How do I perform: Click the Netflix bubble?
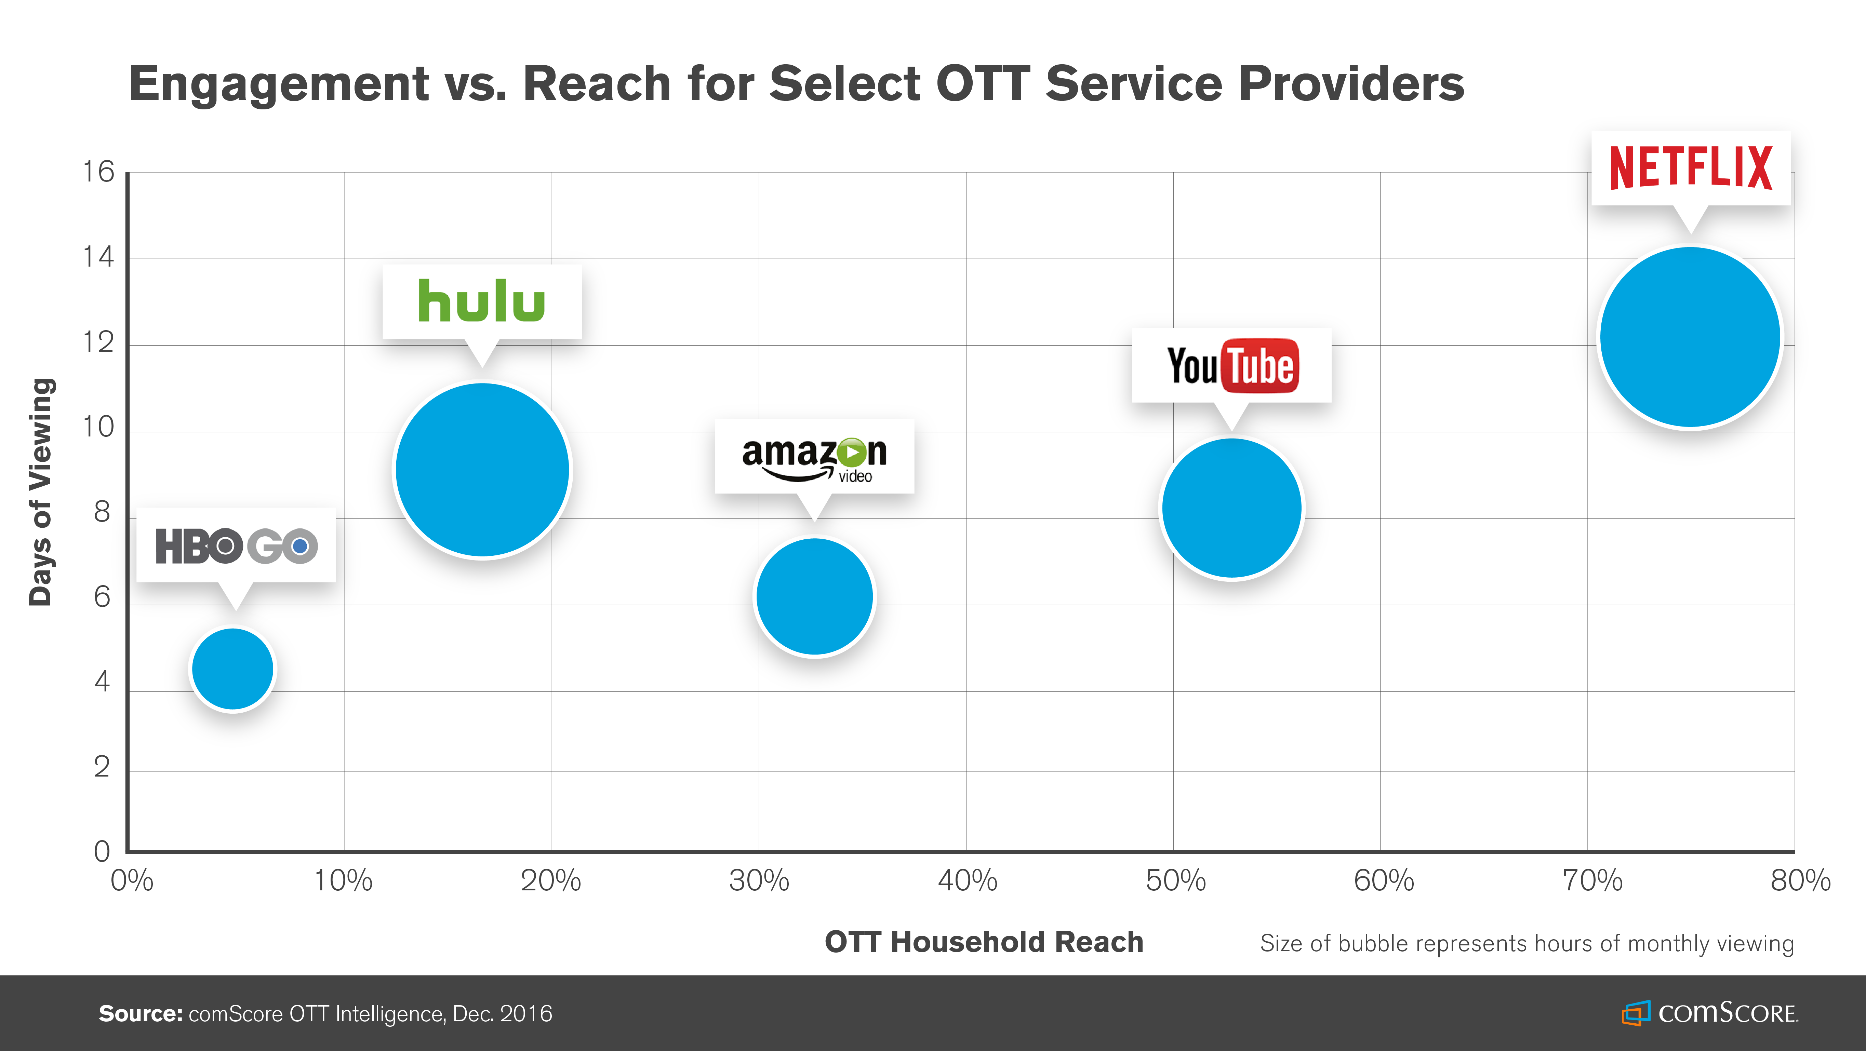coord(1690,338)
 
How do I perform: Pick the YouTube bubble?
coord(1231,508)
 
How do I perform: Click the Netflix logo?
coord(1691,168)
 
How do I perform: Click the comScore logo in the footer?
coord(1709,1013)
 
